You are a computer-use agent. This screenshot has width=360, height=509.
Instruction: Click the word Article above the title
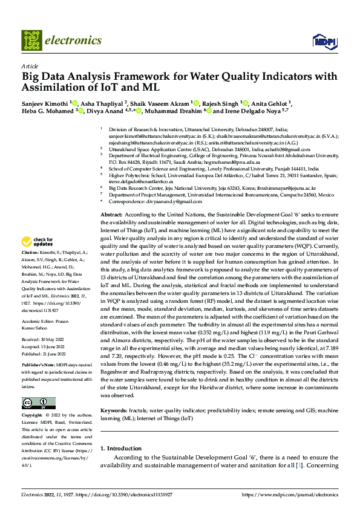click(x=29, y=65)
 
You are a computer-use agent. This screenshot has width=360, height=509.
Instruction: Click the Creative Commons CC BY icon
click(x=39, y=403)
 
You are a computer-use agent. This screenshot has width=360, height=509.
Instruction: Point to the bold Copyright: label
click(x=32, y=416)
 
